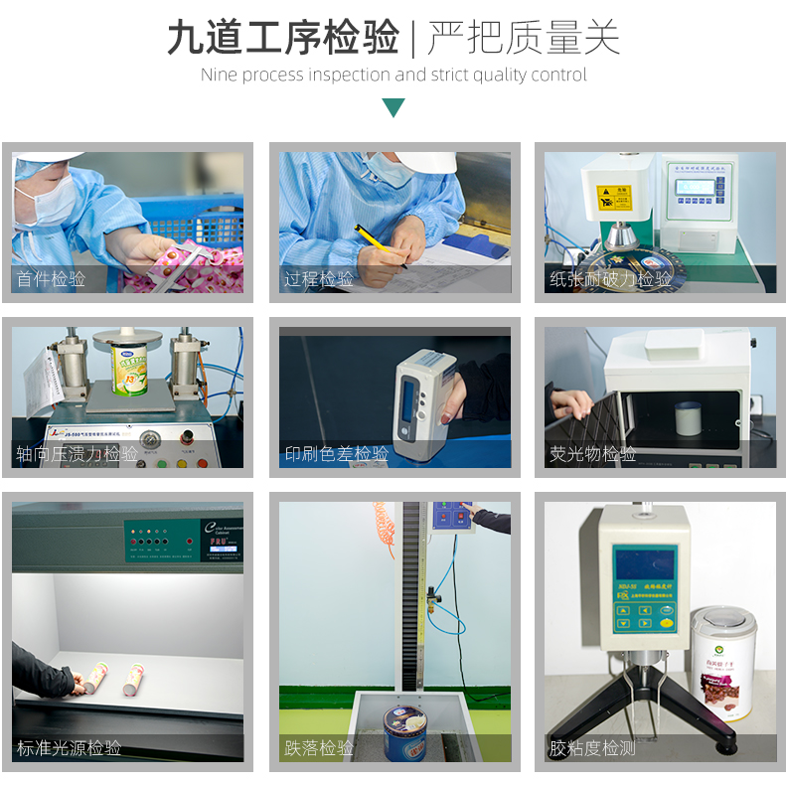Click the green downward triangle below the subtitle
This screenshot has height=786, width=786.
(x=393, y=107)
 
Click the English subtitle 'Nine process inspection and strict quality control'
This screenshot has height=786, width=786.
(x=393, y=75)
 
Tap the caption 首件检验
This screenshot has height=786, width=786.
(x=51, y=279)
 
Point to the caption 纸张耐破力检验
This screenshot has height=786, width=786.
(x=610, y=279)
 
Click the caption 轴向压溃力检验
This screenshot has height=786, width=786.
(x=77, y=454)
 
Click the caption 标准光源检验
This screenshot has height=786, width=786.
(x=69, y=748)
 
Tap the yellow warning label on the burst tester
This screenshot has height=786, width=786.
(x=613, y=197)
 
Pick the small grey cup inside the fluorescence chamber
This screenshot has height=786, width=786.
(x=689, y=417)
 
